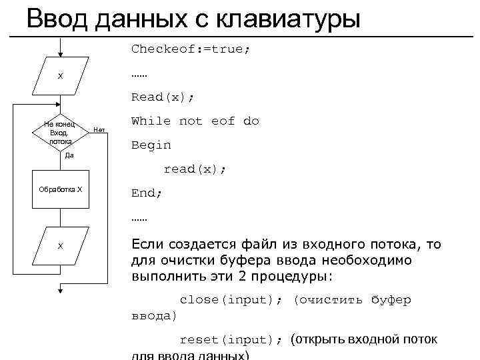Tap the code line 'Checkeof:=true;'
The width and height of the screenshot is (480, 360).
191,49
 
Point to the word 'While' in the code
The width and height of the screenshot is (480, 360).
151,121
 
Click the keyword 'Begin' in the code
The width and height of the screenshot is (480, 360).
151,145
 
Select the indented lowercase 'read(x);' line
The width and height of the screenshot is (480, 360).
195,169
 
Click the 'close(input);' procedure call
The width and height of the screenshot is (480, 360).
227,299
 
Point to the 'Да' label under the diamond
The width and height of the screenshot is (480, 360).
69,155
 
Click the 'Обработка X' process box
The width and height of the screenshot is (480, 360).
61,189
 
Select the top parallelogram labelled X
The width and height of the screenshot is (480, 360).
61,76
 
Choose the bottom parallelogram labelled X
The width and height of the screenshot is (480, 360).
61,246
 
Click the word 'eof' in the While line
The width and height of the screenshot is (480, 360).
223,121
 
